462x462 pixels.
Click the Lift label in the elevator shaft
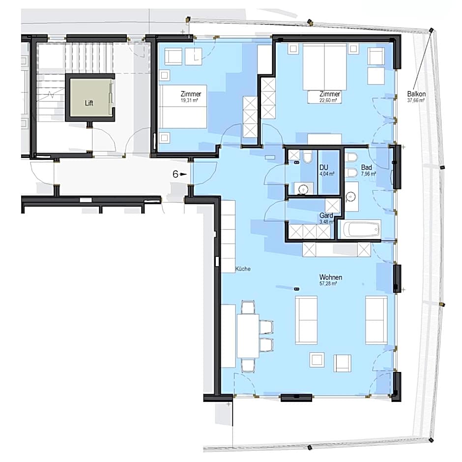pyautogui.click(x=88, y=103)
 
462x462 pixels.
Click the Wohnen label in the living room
pyautogui.click(x=330, y=277)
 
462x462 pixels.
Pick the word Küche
pyautogui.click(x=243, y=269)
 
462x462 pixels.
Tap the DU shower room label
pyautogui.click(x=323, y=167)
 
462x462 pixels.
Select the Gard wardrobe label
pyautogui.click(x=326, y=216)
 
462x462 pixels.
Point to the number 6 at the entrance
pyautogui.click(x=175, y=174)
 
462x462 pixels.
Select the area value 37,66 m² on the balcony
pyautogui.click(x=416, y=100)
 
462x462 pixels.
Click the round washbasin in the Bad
pyautogui.click(x=351, y=196)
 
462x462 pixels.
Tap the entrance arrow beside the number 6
pyautogui.click(x=184, y=174)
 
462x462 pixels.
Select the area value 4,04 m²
pyautogui.click(x=327, y=174)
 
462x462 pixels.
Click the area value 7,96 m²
pyautogui.click(x=369, y=174)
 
